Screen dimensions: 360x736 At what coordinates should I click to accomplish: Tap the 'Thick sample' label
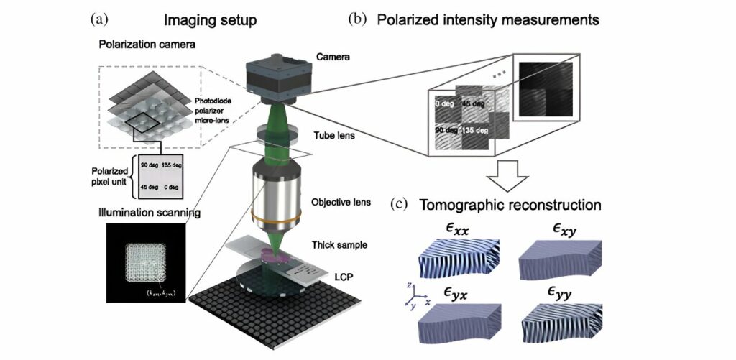tap(344, 245)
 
